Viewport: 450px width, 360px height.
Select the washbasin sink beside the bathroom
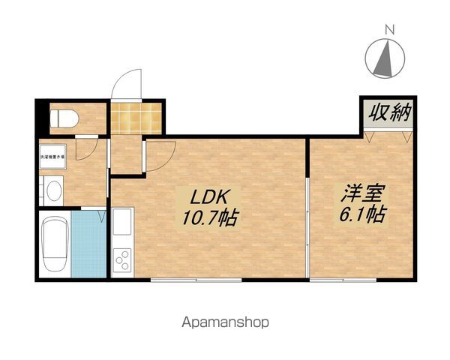pyautogui.click(x=53, y=191)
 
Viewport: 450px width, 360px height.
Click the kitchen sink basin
pyautogui.click(x=122, y=223)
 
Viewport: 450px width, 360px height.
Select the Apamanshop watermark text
pyautogui.click(x=224, y=323)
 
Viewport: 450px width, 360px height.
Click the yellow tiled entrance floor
pyautogui.click(x=136, y=117)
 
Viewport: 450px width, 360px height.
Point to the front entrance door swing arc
pyautogui.click(x=125, y=82)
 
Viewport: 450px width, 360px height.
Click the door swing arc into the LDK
pyautogui.click(x=161, y=153)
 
